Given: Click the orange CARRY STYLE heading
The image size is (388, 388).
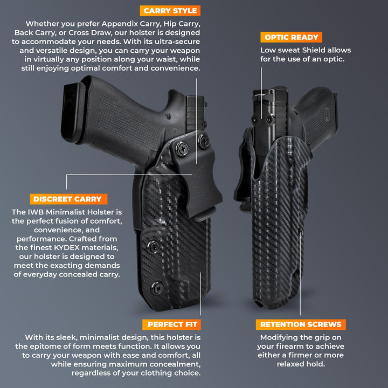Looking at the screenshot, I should click(170, 11).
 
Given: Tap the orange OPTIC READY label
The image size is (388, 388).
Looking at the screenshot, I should click(292, 37).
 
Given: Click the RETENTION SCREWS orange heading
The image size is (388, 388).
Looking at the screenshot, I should click(301, 325).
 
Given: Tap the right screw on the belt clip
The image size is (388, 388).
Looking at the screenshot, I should click(203, 141).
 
